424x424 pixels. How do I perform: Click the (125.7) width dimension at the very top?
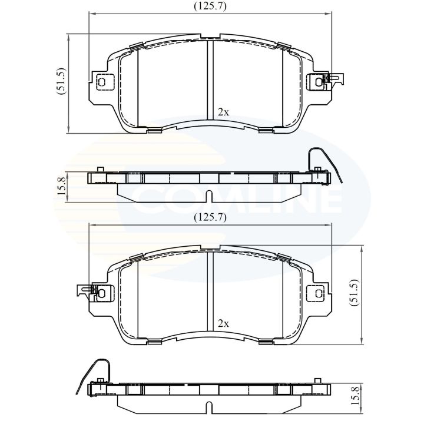tap(211, 7)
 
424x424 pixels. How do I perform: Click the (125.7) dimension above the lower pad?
tap(211, 217)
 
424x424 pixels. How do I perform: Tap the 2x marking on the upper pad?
tap(223, 111)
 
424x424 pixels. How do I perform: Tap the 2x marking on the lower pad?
tap(223, 323)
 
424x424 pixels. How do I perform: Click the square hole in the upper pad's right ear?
tap(319, 82)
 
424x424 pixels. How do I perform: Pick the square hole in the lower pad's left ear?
tap(102, 293)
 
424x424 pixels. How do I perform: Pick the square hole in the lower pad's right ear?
tap(319, 293)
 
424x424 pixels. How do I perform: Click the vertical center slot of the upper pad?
tap(210, 79)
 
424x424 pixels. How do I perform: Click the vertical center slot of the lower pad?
tap(210, 291)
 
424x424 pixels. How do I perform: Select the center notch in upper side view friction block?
tap(210, 195)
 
